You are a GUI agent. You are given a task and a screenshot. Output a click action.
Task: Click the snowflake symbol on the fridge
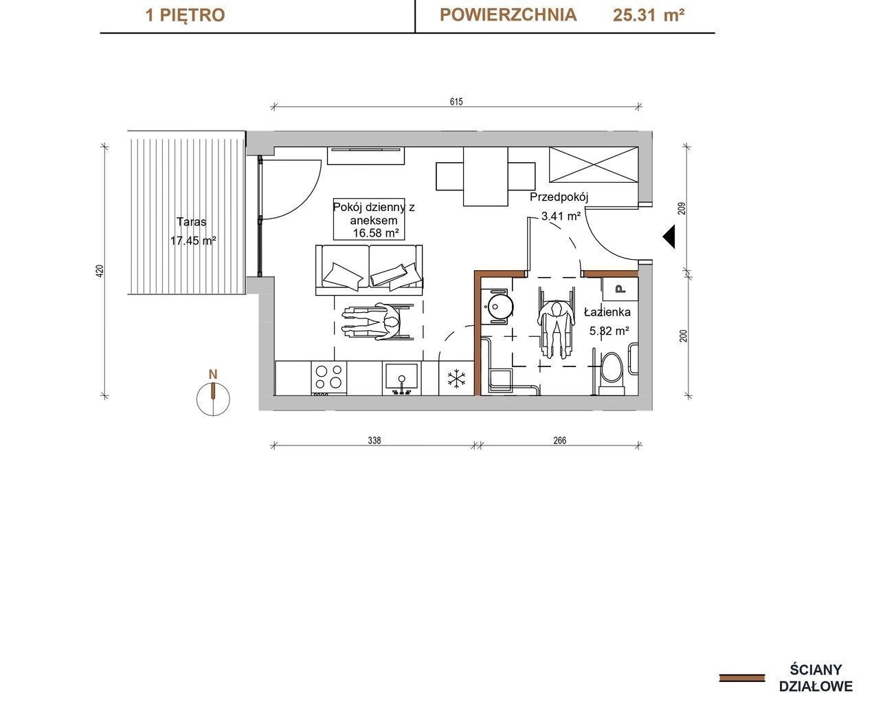click(456, 379)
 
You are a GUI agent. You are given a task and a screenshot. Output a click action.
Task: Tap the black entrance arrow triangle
click(670, 236)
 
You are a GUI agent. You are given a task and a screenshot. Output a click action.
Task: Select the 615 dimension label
click(456, 102)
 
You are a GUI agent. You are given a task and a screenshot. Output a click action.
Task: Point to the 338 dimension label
click(374, 440)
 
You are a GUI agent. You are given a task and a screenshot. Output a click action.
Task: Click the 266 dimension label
click(560, 440)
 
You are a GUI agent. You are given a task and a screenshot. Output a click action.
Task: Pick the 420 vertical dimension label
click(100, 271)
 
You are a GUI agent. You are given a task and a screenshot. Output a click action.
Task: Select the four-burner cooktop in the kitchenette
click(328, 377)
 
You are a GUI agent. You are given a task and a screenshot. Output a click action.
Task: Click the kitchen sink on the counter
click(402, 378)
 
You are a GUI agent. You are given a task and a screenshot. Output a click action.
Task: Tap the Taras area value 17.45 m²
click(193, 241)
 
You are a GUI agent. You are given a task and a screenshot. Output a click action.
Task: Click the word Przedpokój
click(559, 197)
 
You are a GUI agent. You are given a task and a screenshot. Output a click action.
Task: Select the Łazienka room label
click(607, 312)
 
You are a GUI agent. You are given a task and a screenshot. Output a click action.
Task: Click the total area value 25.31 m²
click(649, 15)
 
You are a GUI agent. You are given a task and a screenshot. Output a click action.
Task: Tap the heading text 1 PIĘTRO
click(186, 15)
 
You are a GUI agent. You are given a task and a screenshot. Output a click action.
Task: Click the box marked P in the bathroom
click(620, 289)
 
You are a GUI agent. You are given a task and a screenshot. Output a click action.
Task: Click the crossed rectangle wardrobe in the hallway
click(594, 164)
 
